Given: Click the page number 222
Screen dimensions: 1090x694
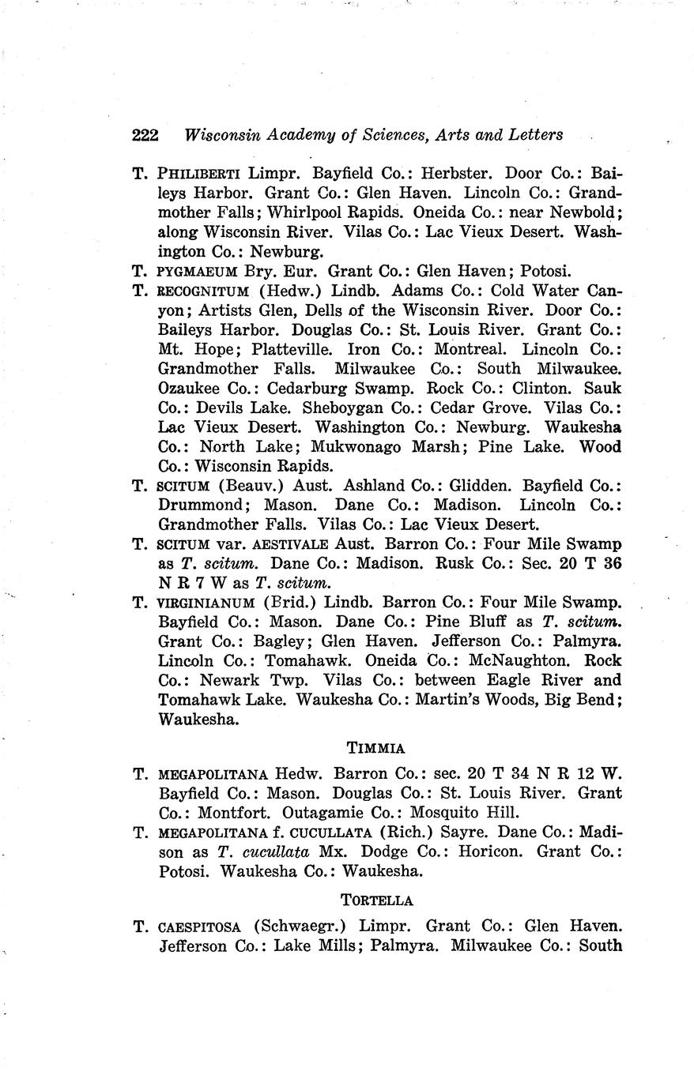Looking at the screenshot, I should click(145, 135).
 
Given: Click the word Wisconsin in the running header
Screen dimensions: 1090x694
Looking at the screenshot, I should click(222, 135).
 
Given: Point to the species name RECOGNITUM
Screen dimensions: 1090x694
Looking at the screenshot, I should click(203, 291).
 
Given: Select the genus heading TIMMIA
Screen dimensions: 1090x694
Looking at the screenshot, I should click(376, 747).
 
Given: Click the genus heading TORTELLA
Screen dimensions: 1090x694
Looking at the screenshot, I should click(377, 900).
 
